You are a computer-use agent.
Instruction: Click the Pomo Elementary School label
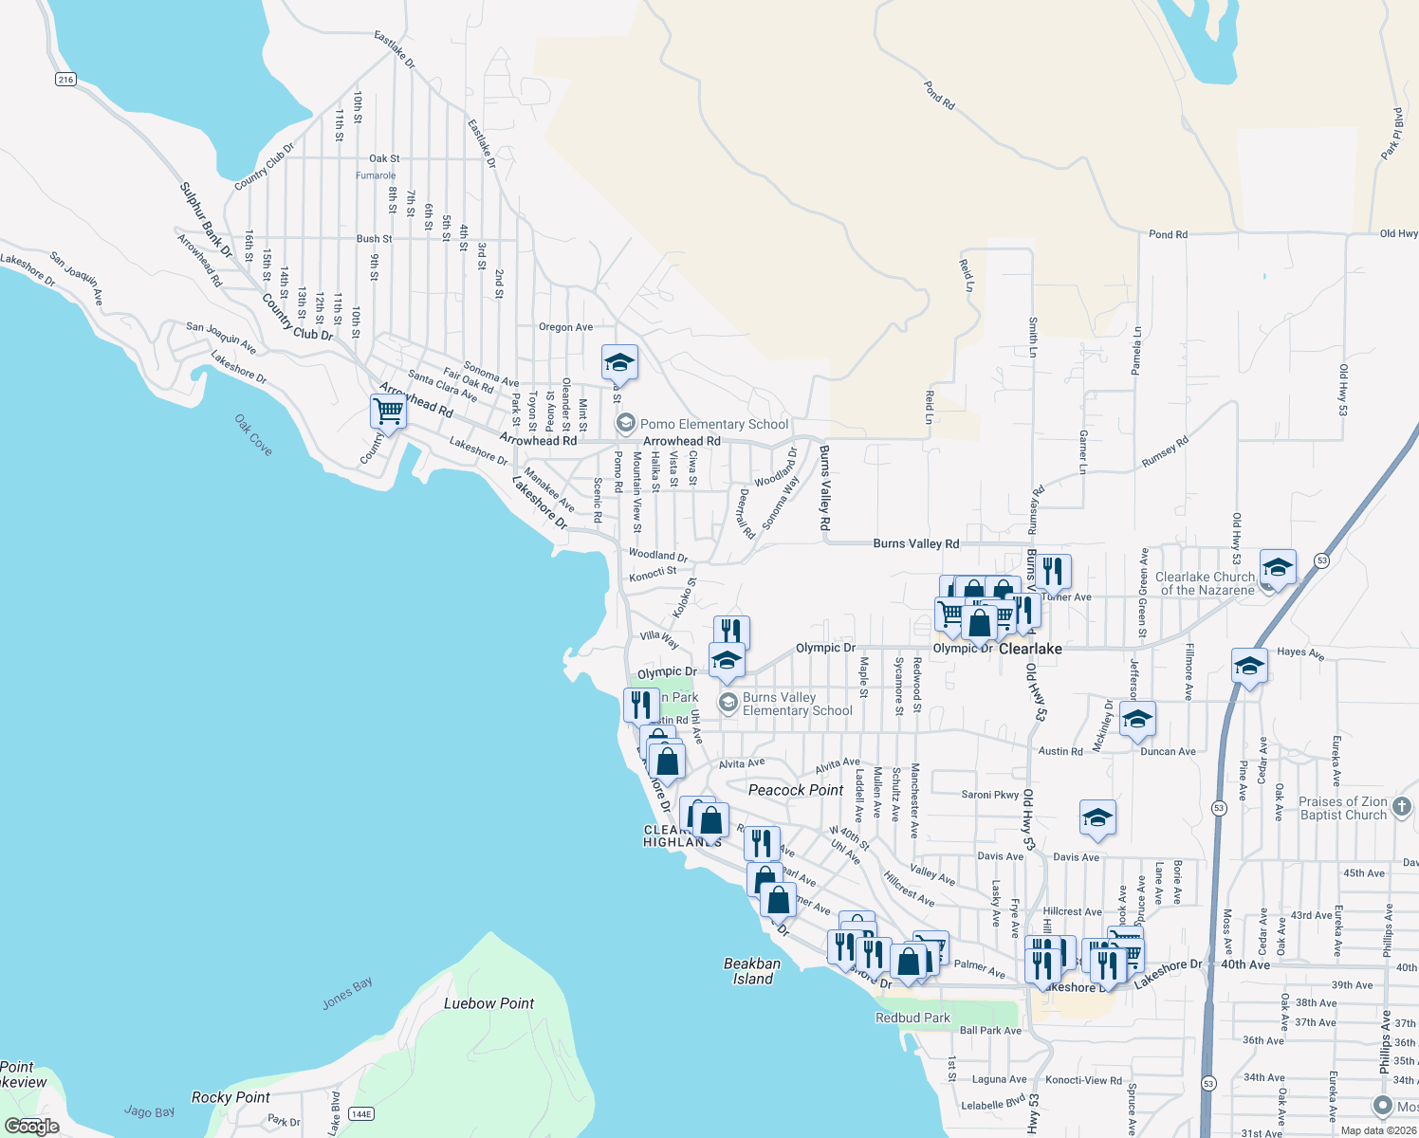[713, 424]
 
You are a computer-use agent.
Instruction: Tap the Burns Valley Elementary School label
[797, 704]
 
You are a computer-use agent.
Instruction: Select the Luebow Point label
[488, 1003]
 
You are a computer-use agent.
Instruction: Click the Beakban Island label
[752, 971]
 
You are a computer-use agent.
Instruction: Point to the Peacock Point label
[796, 790]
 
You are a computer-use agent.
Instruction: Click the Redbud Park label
[912, 1018]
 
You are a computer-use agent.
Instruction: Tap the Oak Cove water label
[253, 434]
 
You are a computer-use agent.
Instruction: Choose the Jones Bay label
[347, 993]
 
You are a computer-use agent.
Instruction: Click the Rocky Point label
[230, 1097]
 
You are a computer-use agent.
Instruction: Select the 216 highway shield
[65, 80]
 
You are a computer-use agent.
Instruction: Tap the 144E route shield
[361, 1113]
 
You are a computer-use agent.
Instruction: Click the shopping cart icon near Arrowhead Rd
[388, 412]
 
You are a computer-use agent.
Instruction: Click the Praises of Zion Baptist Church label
[1343, 808]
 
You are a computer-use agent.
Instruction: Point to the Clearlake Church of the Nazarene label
[1205, 583]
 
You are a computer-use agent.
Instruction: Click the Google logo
[32, 1126]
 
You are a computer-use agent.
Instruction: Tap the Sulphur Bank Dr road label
[206, 220]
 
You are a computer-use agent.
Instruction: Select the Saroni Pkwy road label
[990, 795]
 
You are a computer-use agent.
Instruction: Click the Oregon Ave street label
[565, 327]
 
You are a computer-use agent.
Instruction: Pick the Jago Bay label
[150, 1111]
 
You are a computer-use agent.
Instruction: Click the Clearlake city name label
[1030, 649]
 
